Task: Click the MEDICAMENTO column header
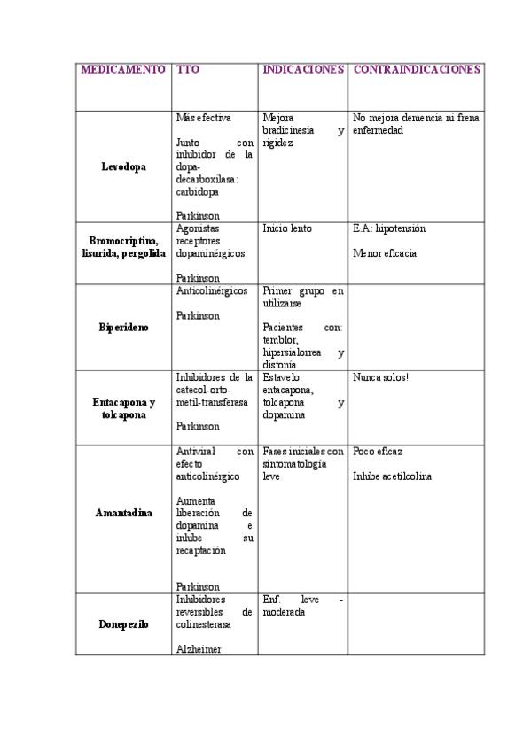click(x=123, y=69)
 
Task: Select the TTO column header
click(x=187, y=69)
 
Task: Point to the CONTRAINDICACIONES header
click(x=417, y=69)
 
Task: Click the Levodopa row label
click(x=124, y=166)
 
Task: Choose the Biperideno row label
click(x=124, y=327)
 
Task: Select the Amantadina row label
click(x=124, y=513)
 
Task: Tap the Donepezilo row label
click(x=124, y=624)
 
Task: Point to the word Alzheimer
click(x=199, y=649)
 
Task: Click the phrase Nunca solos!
click(x=380, y=377)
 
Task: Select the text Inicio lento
click(x=287, y=228)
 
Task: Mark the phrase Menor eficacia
click(x=384, y=253)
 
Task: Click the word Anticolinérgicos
click(x=212, y=290)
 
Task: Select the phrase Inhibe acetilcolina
click(x=392, y=476)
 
